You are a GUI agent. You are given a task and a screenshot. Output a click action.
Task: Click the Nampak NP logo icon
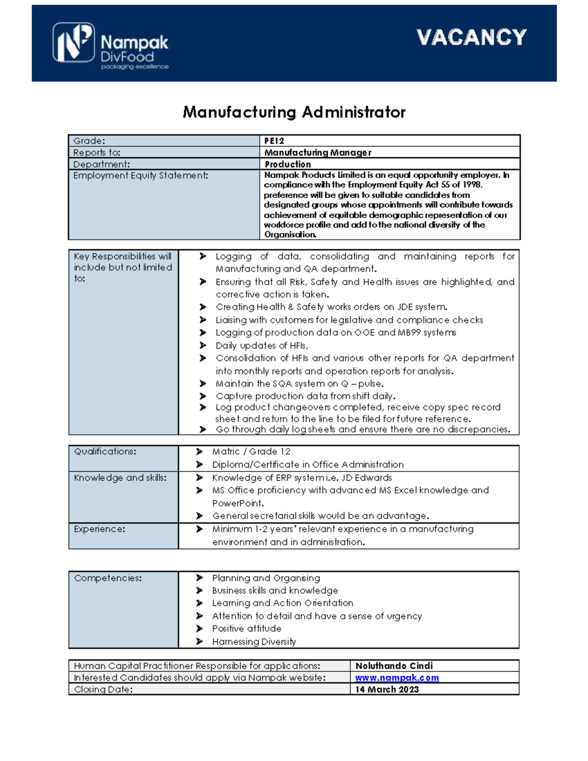(73, 42)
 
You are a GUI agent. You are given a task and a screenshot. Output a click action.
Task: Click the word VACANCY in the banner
(471, 37)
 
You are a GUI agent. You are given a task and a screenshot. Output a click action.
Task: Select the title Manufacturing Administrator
(294, 112)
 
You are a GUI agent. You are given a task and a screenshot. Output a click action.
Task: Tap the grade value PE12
(274, 141)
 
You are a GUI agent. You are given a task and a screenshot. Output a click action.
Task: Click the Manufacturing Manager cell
(318, 152)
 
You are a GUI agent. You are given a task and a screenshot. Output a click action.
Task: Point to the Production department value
(288, 164)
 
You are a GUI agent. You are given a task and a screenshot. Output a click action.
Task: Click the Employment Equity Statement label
(141, 175)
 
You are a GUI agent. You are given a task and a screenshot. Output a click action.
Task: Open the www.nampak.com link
(397, 678)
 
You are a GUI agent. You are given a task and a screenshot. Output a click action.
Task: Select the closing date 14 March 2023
(387, 689)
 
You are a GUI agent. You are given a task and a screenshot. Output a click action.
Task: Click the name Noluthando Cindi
(394, 666)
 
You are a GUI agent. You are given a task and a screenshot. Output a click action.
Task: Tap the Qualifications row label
(105, 451)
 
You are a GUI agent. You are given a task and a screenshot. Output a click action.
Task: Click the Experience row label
(99, 529)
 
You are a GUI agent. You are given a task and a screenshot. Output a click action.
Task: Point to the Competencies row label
(108, 578)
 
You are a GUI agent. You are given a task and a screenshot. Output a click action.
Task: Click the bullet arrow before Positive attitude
(199, 629)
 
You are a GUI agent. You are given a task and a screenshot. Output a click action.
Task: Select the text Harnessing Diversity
(254, 641)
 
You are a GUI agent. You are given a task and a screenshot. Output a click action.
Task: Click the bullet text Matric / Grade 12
(251, 451)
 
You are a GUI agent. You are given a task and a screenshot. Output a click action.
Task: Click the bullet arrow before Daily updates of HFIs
(203, 345)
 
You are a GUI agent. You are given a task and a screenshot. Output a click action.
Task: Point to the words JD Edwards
(367, 478)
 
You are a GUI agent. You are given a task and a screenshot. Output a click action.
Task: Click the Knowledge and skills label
(120, 478)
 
